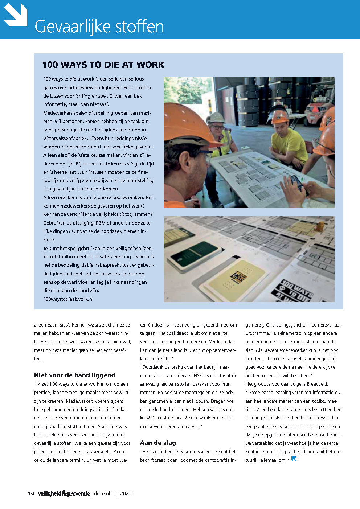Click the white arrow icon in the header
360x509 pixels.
[x=16, y=15]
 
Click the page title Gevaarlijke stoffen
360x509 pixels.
[x=99, y=26]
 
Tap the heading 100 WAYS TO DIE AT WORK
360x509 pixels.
[x=103, y=65]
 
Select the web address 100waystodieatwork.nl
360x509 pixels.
[x=68, y=299]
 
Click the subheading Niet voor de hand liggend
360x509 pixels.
[x=75, y=375]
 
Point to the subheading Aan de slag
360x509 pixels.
[x=158, y=443]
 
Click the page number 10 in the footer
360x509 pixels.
[x=31, y=493]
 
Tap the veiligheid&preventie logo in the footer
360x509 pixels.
[x=64, y=493]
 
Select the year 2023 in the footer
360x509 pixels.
[x=126, y=493]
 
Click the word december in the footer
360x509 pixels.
[x=105, y=493]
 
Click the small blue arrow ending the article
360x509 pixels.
[x=294, y=459]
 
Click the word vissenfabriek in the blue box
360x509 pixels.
[x=75, y=138]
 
